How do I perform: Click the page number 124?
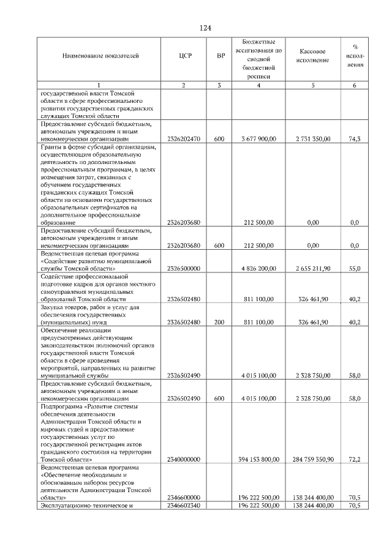[205, 28]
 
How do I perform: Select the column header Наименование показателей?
[100, 56]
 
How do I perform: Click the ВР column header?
[221, 56]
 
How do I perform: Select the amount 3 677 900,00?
[258, 139]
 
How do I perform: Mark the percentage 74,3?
[354, 139]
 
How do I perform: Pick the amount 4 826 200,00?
[258, 268]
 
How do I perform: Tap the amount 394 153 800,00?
[258, 459]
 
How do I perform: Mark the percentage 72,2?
[354, 459]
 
